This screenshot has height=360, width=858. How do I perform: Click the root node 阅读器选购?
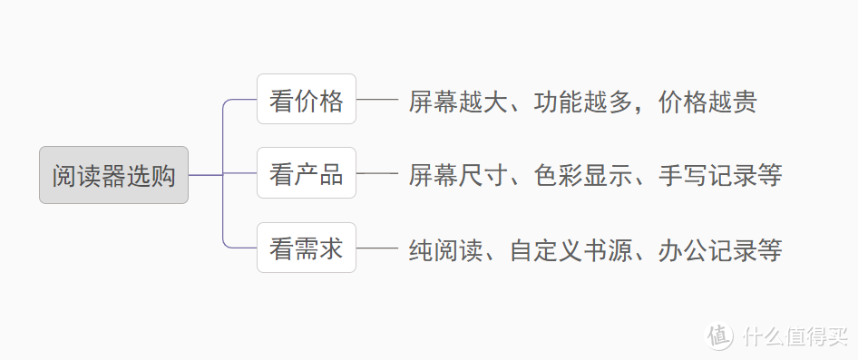click(113, 175)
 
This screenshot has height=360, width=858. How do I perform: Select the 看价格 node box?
click(307, 99)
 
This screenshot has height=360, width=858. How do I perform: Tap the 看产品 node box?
click(307, 172)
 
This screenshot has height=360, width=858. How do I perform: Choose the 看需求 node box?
click(307, 247)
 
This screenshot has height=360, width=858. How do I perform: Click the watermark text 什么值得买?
click(794, 336)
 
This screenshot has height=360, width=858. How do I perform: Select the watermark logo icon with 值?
click(719, 336)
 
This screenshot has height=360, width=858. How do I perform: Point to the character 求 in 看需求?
click(331, 247)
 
